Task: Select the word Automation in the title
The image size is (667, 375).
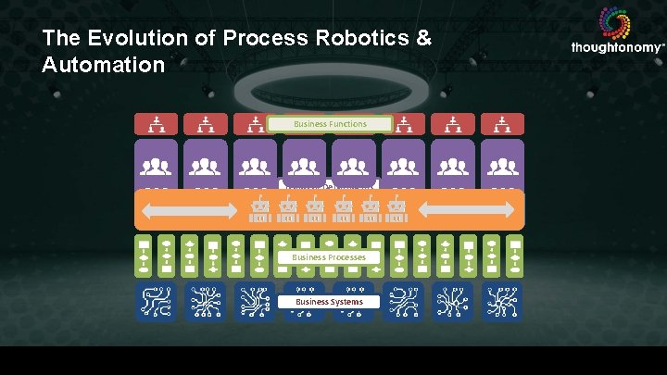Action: point(104,67)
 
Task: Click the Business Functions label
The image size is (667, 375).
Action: point(330,123)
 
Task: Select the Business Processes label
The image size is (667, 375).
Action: point(330,256)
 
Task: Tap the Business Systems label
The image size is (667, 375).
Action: point(330,302)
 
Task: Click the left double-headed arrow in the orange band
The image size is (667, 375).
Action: point(186,210)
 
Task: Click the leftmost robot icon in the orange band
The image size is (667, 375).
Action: point(260,216)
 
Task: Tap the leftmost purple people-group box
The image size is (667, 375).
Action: point(157,164)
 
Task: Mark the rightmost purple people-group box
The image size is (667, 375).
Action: point(502,164)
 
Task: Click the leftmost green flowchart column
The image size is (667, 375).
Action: point(144,256)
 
